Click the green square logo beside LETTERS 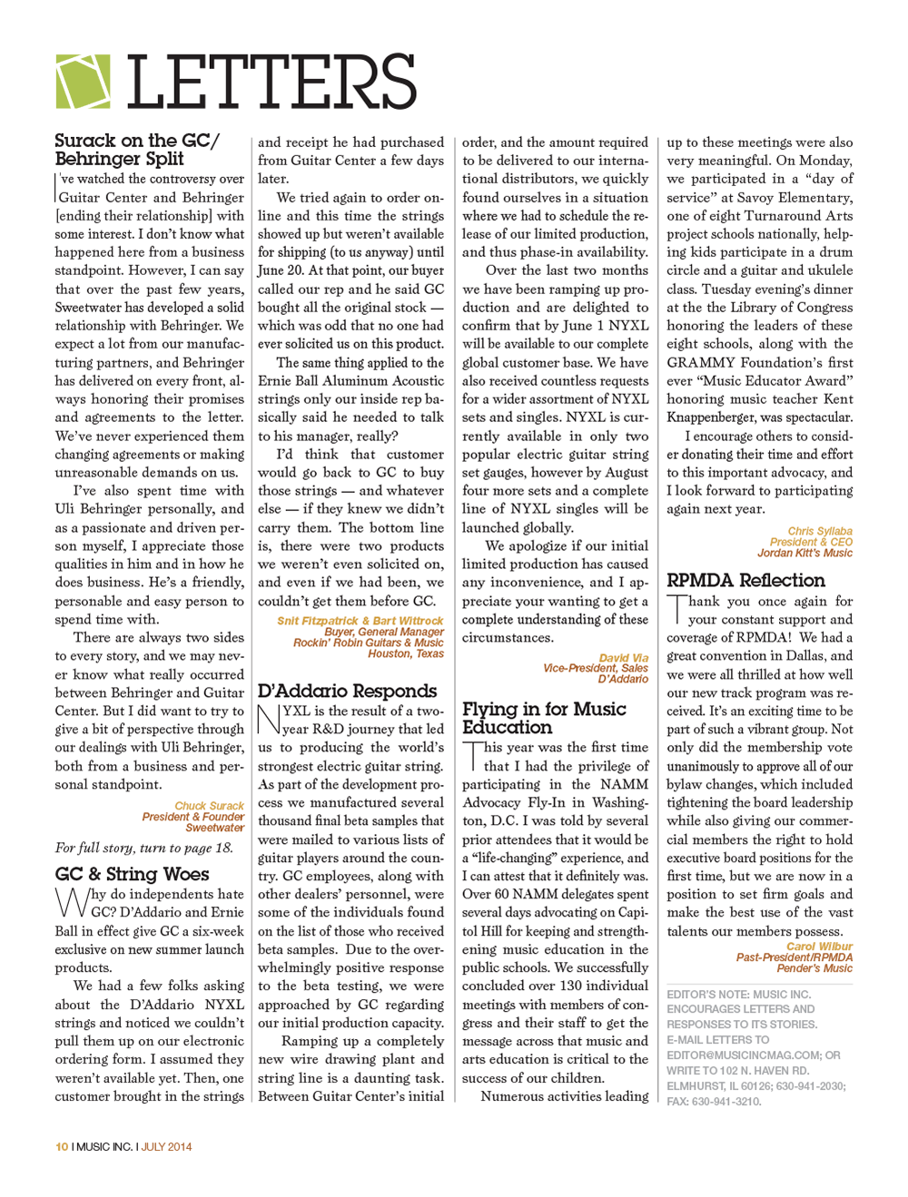[83, 82]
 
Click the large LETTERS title [271, 83]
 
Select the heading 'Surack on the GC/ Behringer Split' [137, 150]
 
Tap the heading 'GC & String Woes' [132, 874]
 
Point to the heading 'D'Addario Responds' [347, 691]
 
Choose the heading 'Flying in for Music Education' [544, 718]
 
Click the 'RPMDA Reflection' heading [745, 580]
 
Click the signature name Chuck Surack [209, 806]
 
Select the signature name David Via [623, 658]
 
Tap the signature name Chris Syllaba [819, 531]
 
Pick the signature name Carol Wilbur [819, 947]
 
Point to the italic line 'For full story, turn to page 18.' [143, 848]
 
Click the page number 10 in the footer [62, 1147]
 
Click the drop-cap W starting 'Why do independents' [72, 902]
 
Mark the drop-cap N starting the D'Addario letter [269, 719]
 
